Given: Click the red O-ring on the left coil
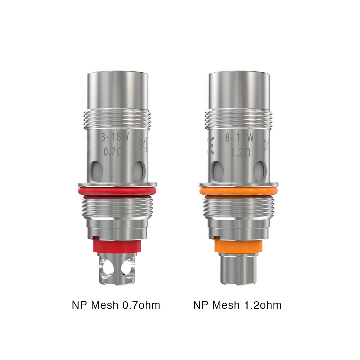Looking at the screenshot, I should coord(118,191).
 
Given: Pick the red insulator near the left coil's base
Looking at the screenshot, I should coord(116,246).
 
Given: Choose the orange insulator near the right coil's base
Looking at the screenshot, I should coord(238,246).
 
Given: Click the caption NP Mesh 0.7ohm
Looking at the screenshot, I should coord(116,305).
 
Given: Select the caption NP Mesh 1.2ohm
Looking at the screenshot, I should coord(237,305).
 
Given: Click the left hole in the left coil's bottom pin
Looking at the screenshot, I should coord(107,268).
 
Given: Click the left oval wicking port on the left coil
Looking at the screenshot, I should coord(96,169).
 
